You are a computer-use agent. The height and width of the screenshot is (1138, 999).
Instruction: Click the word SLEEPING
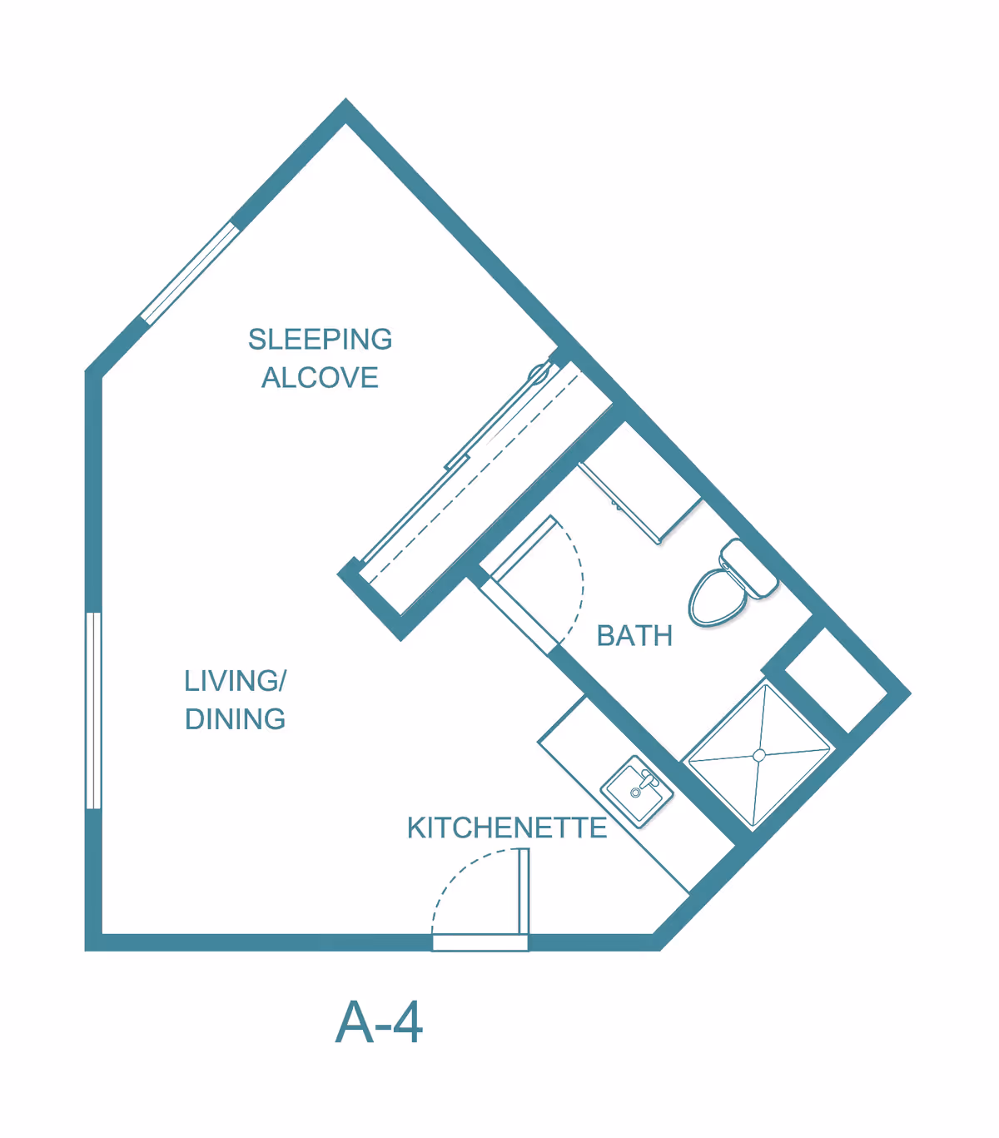coord(321,340)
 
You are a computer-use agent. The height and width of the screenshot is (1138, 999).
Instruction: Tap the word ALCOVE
coord(321,377)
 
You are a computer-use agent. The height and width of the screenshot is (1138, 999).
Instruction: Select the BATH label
coord(634,636)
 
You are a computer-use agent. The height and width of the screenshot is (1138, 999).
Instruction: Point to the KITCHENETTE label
coord(507,828)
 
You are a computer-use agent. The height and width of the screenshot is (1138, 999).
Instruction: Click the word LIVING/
coord(236,681)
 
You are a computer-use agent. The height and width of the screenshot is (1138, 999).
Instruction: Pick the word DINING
coord(236,719)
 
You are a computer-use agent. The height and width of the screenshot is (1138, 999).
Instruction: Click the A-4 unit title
coord(379,1022)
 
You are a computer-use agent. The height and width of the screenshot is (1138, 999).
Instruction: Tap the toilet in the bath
coord(730,584)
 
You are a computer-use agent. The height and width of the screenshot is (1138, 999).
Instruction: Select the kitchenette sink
coord(637,792)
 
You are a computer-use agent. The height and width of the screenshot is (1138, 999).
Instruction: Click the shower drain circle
coord(759,756)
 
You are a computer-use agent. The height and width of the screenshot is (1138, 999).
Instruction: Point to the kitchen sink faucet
coord(648,779)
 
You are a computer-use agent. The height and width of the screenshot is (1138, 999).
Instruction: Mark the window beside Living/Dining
coord(94,711)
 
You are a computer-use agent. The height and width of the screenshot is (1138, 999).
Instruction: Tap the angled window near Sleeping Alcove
coord(190,273)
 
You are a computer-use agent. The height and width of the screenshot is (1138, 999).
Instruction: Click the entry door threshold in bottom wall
coord(480,942)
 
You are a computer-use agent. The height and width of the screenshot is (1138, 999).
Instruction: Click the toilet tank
coord(749,567)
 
